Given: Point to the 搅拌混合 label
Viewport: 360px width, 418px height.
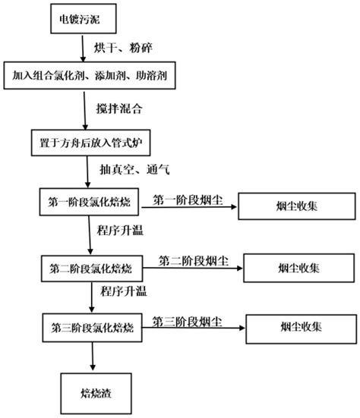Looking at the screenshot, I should click(x=120, y=108).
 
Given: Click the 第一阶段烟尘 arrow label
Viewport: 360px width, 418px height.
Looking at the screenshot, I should click(x=185, y=199).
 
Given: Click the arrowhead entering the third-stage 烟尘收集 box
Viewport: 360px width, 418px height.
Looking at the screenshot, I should click(x=242, y=328).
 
